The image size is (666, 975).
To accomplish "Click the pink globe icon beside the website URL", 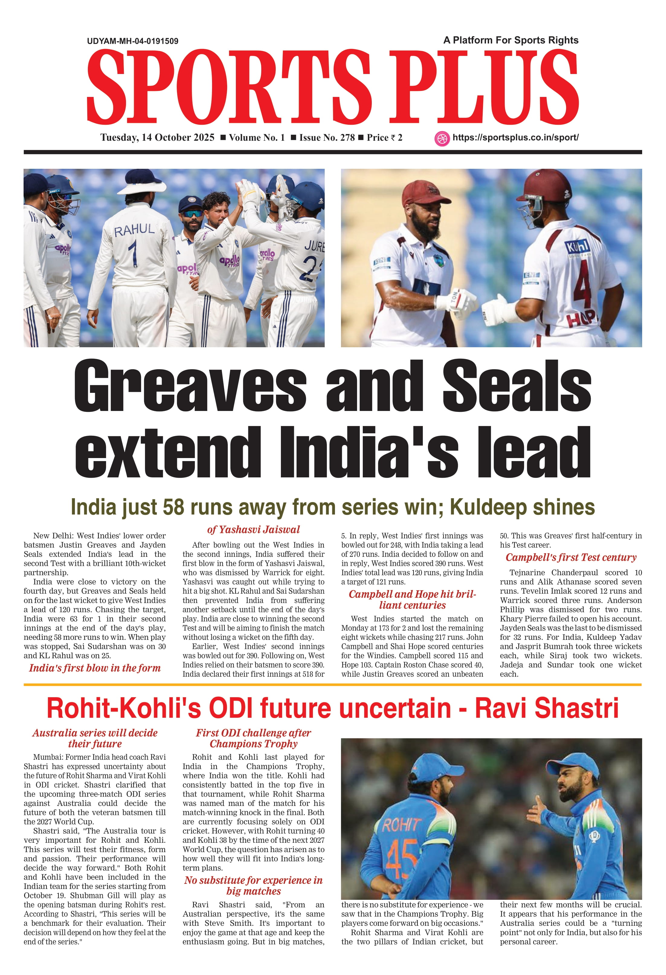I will point(442,139).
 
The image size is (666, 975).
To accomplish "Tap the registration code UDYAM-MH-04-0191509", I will point(133,41).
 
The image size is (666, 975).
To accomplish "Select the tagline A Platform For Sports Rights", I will point(511,40).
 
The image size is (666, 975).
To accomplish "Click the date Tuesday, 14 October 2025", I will point(157,138).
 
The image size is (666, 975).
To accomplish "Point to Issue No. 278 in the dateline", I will point(327,138).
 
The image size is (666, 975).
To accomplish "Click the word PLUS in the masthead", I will point(484,87).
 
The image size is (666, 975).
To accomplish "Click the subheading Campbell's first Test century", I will point(571,557).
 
